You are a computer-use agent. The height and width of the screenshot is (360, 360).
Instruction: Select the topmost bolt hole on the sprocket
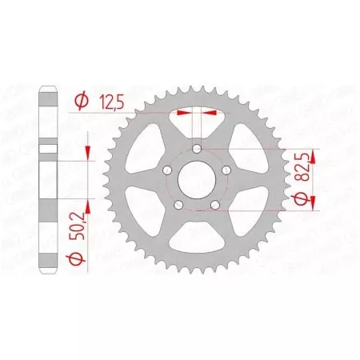pos(197,149)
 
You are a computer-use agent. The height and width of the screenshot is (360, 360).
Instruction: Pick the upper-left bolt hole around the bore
pos(166,171)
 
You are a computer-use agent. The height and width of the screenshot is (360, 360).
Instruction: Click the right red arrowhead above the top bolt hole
pos(210,114)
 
